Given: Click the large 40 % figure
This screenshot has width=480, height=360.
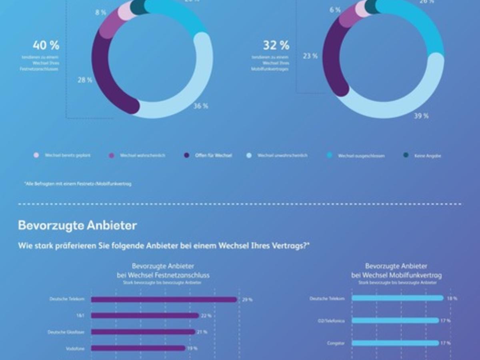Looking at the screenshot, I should (x=46, y=45).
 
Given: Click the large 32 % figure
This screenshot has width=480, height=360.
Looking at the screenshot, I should (x=276, y=45).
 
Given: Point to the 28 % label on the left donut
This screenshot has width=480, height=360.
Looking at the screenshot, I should (x=85, y=80).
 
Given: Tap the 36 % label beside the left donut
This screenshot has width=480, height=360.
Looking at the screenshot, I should (x=201, y=106).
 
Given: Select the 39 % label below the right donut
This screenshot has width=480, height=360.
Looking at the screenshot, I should (x=421, y=116).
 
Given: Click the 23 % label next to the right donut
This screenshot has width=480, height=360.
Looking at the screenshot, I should (x=310, y=56).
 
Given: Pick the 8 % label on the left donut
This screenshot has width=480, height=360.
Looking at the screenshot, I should (x=101, y=12).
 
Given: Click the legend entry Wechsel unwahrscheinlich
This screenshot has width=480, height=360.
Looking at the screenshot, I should (x=282, y=155).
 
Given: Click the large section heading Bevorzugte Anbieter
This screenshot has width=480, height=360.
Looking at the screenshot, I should (x=77, y=226).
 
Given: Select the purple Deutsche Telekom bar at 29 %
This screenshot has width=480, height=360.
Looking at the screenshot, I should (x=164, y=299).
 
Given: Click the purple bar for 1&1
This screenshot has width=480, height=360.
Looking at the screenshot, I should (x=145, y=316).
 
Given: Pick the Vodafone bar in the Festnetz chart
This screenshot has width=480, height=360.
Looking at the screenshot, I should (x=138, y=348).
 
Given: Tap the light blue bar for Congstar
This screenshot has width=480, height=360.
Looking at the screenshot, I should (x=395, y=343).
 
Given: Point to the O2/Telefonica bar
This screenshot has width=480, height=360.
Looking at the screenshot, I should (x=395, y=320).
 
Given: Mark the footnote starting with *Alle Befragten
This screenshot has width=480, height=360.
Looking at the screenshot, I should (x=78, y=184).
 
